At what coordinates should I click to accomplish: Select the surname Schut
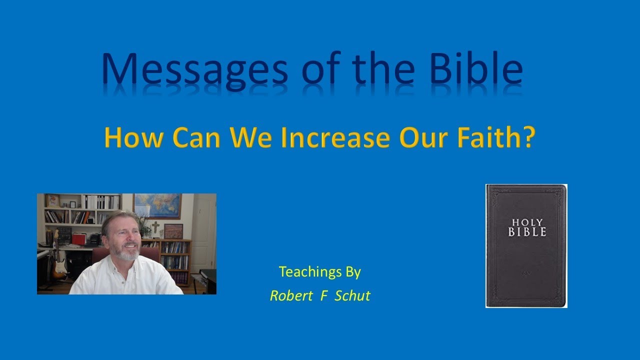tap(352, 295)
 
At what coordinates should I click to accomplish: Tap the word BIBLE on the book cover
tap(527, 231)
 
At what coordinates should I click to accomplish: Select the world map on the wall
tap(157, 205)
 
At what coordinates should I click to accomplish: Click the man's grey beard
tap(128, 254)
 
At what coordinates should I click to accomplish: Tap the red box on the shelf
tap(79, 238)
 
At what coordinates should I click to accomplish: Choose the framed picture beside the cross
tap(173, 230)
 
